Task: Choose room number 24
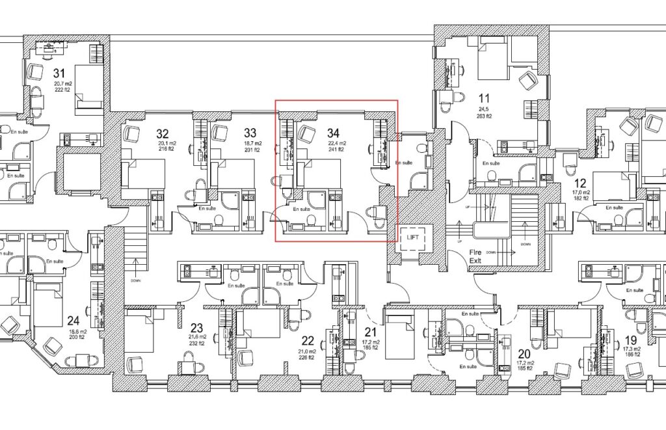tap(73, 320)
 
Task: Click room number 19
tap(630, 340)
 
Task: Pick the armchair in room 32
tap(132, 134)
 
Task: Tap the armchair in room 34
tap(307, 134)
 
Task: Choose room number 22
tap(308, 340)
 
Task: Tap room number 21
tap(370, 332)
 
